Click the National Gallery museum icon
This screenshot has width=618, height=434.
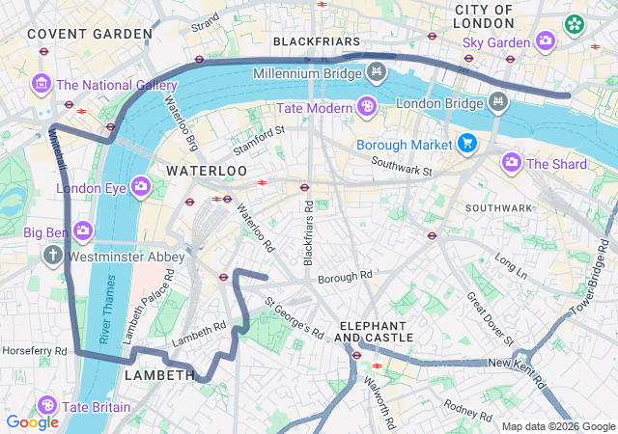point(41,85)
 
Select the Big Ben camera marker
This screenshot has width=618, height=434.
point(83,231)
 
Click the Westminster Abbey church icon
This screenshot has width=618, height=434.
point(52,258)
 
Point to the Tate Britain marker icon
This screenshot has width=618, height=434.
point(46,406)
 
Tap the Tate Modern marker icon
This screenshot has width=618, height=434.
point(368,107)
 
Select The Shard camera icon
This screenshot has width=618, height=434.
point(511,163)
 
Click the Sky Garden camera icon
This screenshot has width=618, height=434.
point(546,41)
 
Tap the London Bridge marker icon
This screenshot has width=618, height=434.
point(496,102)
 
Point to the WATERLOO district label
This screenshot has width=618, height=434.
point(207,170)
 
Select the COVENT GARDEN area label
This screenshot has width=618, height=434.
point(90,34)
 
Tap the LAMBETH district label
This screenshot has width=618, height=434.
point(160,374)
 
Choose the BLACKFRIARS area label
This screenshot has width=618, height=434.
point(317,42)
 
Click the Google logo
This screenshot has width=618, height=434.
point(32,421)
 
